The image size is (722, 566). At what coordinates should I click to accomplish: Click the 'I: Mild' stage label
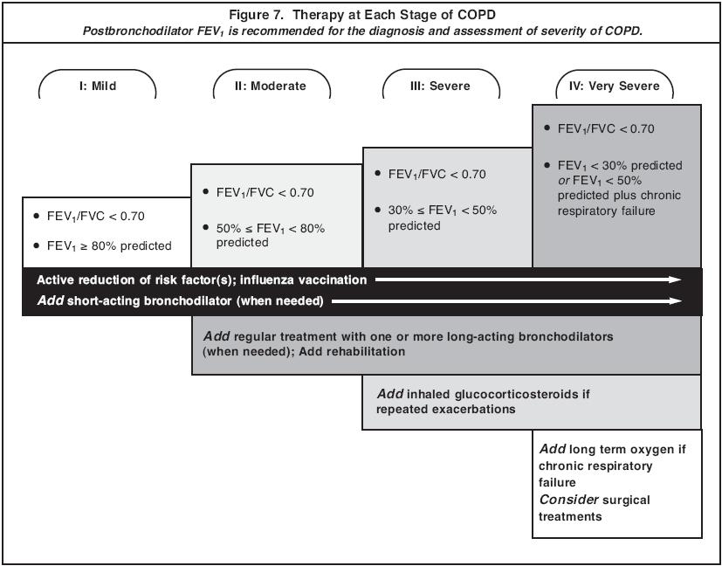pyautogui.click(x=97, y=86)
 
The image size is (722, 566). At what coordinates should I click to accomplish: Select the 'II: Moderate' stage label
pyautogui.click(x=272, y=86)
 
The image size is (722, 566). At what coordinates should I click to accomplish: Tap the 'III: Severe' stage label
pyautogui.click(x=441, y=86)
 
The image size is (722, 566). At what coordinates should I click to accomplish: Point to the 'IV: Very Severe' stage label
pyautogui.click(x=615, y=86)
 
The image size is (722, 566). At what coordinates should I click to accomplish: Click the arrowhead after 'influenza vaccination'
pyautogui.click(x=676, y=280)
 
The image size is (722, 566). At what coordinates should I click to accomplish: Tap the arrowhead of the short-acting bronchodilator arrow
pyautogui.click(x=676, y=301)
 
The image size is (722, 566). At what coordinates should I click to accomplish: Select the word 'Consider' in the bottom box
pyautogui.click(x=568, y=500)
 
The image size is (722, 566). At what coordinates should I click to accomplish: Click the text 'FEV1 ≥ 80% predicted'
pyautogui.click(x=109, y=246)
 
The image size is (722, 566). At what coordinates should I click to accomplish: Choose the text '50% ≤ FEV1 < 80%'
pyautogui.click(x=271, y=229)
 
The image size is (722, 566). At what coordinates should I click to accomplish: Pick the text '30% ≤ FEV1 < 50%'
pyautogui.click(x=443, y=211)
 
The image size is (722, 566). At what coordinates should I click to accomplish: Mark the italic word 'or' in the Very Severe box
pyautogui.click(x=563, y=181)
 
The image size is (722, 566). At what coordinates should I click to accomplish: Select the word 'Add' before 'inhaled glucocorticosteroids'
pyautogui.click(x=390, y=394)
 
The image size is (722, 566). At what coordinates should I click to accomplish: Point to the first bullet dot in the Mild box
pyautogui.click(x=37, y=215)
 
